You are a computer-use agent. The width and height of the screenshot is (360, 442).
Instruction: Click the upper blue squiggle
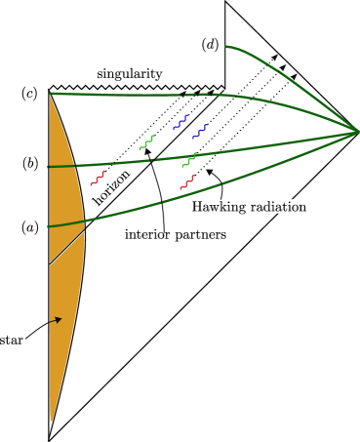(180, 122)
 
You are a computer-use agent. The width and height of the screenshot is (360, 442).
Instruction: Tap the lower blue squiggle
(200, 131)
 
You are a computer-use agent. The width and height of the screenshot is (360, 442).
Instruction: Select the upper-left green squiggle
(146, 142)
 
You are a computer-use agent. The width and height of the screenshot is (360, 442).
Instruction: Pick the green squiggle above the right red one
(189, 159)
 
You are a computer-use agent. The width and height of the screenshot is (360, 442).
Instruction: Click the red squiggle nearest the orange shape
(98, 178)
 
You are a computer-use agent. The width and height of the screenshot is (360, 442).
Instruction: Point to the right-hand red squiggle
(187, 181)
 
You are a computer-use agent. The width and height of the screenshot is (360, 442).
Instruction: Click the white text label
(282, 207)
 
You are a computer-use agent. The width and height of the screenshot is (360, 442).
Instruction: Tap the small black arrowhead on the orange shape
(58, 318)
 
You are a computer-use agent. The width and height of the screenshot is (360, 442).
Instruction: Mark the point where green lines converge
(358, 131)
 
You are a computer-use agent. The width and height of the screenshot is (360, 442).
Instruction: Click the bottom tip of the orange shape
(51, 421)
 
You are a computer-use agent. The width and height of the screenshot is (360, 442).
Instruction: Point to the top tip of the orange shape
(51, 95)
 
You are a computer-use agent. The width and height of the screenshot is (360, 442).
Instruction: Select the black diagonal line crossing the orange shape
(66, 248)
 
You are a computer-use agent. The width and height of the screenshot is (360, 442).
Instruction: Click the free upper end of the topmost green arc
(227, 46)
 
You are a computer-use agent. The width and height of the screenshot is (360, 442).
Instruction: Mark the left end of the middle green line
(49, 167)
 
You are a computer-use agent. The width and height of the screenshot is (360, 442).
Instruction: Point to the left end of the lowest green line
(49, 226)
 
